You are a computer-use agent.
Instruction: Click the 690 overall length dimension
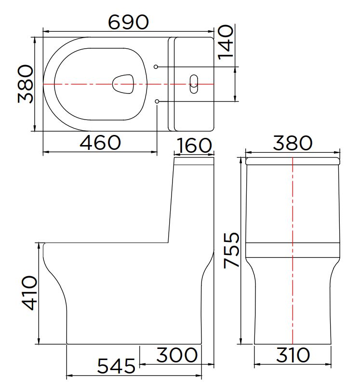128,22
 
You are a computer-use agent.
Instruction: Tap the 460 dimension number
100,143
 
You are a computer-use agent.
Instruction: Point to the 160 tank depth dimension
194,146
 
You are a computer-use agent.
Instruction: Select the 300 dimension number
177,355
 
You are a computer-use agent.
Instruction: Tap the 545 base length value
117,367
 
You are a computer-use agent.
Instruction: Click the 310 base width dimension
293,355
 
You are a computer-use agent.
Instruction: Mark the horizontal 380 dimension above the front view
293,143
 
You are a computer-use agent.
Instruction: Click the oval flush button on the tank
193,84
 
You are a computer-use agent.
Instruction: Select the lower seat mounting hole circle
158,101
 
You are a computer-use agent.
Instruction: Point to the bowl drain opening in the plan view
123,84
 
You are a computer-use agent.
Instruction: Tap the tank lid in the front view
293,160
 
